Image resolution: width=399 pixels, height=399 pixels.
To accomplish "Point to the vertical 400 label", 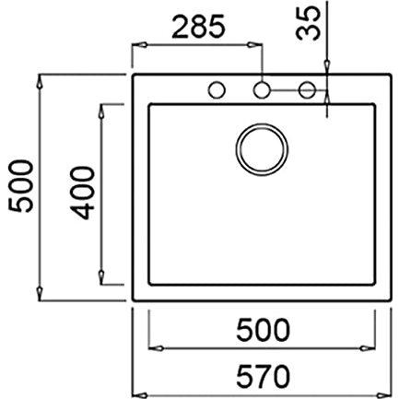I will [83, 193].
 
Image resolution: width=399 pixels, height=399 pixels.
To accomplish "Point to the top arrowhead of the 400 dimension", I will [102, 107].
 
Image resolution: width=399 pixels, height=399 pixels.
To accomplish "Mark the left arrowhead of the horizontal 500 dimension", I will [153, 348].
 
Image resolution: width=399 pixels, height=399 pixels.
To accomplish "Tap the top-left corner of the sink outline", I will [135, 71].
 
